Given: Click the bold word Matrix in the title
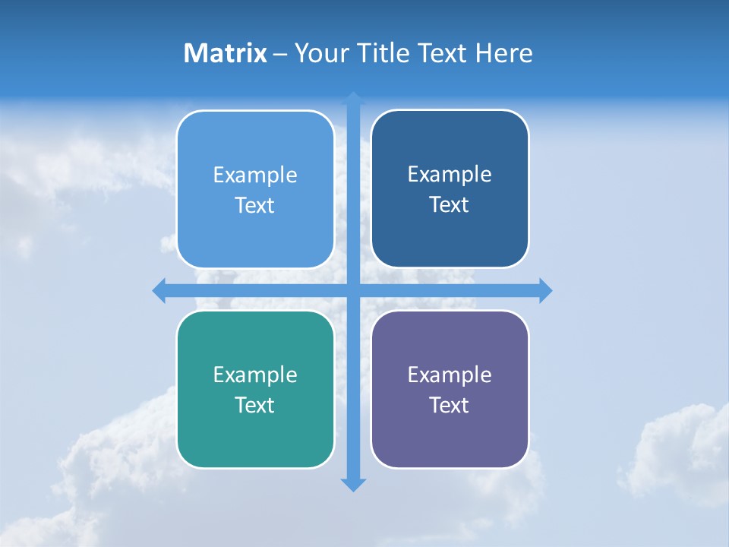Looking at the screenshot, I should pos(225,53).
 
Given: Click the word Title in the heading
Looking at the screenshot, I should pos(384,53).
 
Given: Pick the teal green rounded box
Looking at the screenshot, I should pos(255,433).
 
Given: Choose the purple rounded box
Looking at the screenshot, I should pos(450,433).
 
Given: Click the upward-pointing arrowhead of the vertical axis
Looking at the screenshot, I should pos(353,99).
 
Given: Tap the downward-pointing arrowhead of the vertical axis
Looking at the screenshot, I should pos(353,485).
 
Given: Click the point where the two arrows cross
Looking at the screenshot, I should pos(353,290).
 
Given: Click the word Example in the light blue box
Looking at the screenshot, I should pos(255,175).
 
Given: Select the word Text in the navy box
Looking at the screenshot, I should pos(450,205).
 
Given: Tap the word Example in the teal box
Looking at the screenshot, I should pos(255,375).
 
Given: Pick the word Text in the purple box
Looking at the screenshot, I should pos(450,405).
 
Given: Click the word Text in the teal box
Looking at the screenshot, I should pos(255,405).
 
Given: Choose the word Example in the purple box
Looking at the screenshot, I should pos(450,375).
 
